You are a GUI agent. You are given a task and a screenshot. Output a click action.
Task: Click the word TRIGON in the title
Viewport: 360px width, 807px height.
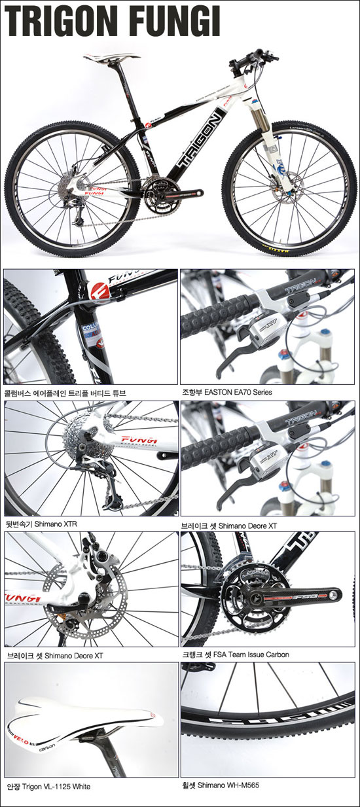[x=65, y=22]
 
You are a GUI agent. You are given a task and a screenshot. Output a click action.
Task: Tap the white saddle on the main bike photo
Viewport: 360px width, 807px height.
[x=111, y=56]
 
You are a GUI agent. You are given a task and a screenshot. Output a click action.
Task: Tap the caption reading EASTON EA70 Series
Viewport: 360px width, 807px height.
[x=238, y=392]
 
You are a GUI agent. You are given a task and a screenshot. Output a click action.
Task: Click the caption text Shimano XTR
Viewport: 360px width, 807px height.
[x=56, y=524]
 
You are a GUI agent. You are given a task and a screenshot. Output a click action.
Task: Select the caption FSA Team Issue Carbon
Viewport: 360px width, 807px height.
[x=251, y=655]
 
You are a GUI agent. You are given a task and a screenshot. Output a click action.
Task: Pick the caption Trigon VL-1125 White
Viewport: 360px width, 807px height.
[x=56, y=786]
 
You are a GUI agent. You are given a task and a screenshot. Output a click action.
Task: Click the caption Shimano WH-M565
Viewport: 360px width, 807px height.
[x=228, y=785]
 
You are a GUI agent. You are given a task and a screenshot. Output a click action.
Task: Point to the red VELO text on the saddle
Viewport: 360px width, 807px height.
[x=21, y=738]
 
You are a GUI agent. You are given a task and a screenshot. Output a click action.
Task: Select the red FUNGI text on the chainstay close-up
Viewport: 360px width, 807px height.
[x=139, y=440]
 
